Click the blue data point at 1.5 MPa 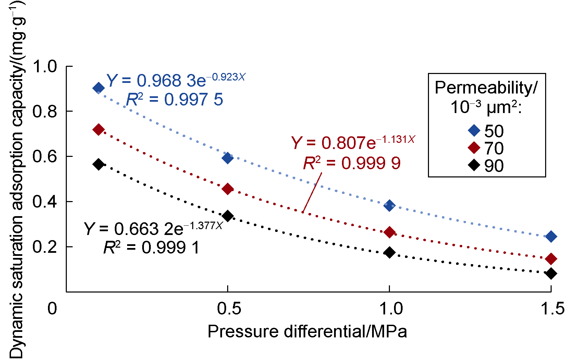551,236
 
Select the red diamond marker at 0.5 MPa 228,189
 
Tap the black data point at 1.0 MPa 389,252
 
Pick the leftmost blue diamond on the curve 98,88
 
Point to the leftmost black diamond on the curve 98,164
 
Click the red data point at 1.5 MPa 551,259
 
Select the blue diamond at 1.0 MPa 389,206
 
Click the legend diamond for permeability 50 474,131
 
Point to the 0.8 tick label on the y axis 45,111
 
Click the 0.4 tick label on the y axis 45,202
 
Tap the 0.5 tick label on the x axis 229,309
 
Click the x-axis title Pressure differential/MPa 307,332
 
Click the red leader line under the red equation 312,192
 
